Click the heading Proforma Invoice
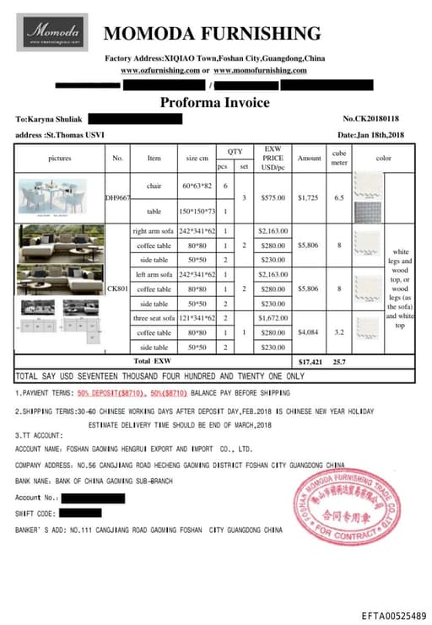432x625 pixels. pos(215,103)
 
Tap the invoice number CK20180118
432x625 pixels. pos(371,119)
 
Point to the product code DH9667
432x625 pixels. pos(117,198)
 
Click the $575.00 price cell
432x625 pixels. pos(273,198)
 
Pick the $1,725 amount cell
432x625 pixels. pos(310,198)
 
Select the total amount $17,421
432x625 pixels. pos(310,360)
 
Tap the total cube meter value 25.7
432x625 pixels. pos(339,360)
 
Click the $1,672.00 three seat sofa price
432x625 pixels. pos(273,318)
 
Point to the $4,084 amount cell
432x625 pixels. pos(310,332)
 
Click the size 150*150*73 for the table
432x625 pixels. pos(198,211)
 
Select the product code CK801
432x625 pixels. pos(117,288)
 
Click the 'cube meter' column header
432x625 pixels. pos(339,158)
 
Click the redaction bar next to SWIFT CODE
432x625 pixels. pos(81,513)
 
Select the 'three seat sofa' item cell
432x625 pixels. pos(154,318)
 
